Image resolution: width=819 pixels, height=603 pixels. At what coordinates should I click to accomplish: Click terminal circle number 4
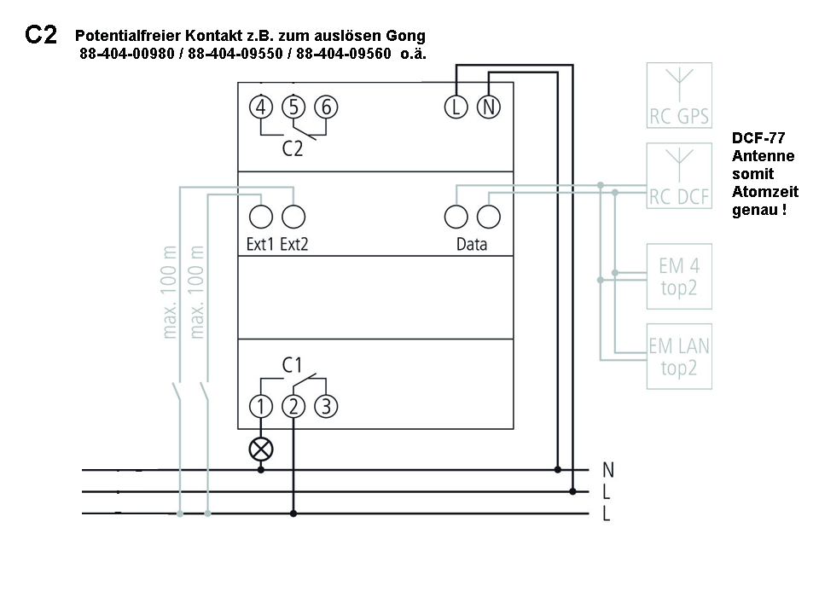pos(261,107)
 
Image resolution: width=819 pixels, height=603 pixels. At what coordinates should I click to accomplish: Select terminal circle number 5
pos(293,107)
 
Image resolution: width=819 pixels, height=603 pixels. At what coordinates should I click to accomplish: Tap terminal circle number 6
pos(325,107)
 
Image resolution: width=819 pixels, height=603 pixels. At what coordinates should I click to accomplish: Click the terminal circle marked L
pos(456,107)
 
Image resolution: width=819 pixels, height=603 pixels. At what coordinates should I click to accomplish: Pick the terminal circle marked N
pos(488,107)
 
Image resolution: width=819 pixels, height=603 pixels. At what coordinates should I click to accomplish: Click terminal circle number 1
pos(261,406)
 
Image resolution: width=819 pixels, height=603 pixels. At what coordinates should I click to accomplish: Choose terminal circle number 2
pos(293,406)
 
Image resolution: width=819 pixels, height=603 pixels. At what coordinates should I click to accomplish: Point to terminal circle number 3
pos(325,406)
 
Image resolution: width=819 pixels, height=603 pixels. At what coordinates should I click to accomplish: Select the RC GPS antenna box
pos(679,95)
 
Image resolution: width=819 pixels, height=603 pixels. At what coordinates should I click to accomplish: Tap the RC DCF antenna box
pos(679,176)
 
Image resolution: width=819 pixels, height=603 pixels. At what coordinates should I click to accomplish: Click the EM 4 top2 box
pos(679,275)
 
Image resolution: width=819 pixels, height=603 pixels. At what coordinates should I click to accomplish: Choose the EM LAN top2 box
pos(679,357)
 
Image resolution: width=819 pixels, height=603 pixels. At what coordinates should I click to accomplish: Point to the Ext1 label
pos(260,244)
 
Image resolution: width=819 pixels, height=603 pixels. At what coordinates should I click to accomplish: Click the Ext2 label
pos(294,244)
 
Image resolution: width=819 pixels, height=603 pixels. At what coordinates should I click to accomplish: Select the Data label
pos(472,244)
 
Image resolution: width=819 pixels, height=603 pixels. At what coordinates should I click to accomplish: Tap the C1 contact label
pos(293,365)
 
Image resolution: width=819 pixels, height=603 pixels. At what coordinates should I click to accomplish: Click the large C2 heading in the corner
pos(41,35)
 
